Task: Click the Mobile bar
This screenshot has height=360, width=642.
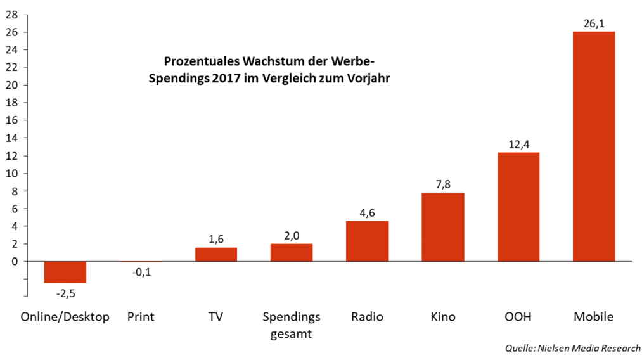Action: coord(593,146)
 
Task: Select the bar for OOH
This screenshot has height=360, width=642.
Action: coord(518,207)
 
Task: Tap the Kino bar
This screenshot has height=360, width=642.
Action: coord(442,227)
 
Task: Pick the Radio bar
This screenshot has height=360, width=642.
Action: coord(367,241)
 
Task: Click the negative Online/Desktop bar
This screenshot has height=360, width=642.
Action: coord(65,272)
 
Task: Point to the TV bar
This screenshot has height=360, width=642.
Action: coord(215,254)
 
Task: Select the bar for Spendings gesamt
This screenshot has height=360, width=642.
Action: coord(291,252)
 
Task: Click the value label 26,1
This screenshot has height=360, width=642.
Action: coord(593,23)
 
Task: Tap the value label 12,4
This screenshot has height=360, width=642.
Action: coord(518,144)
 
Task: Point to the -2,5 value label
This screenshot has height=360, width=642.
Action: coord(65,293)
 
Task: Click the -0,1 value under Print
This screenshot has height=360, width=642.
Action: coord(140,273)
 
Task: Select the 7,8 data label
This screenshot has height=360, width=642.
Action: coord(442,184)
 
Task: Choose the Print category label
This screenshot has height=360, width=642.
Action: coord(140,317)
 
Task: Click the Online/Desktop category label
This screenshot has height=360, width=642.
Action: coord(65,317)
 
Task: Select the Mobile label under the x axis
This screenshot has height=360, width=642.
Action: coord(593,317)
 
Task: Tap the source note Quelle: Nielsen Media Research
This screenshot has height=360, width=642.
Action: coord(572,348)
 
